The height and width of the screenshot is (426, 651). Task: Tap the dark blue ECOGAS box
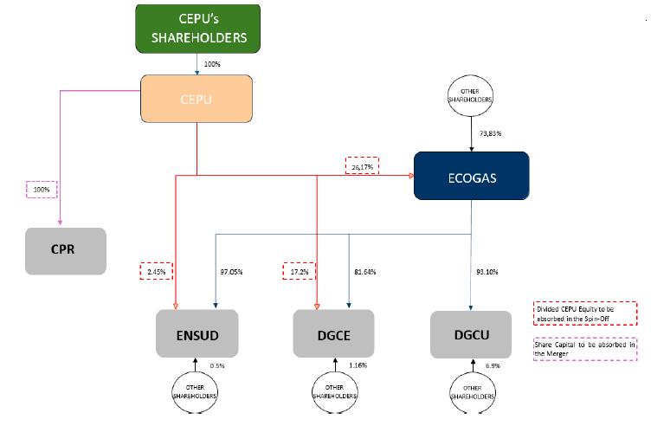click(471, 177)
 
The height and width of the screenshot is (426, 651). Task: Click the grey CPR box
click(66, 251)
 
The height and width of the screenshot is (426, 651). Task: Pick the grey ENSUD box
click(196, 332)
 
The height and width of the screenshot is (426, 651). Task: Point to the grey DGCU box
click(470, 332)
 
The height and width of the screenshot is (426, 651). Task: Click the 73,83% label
click(491, 134)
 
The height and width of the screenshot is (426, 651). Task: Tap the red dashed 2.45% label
click(158, 271)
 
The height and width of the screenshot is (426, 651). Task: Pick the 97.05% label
click(230, 272)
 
